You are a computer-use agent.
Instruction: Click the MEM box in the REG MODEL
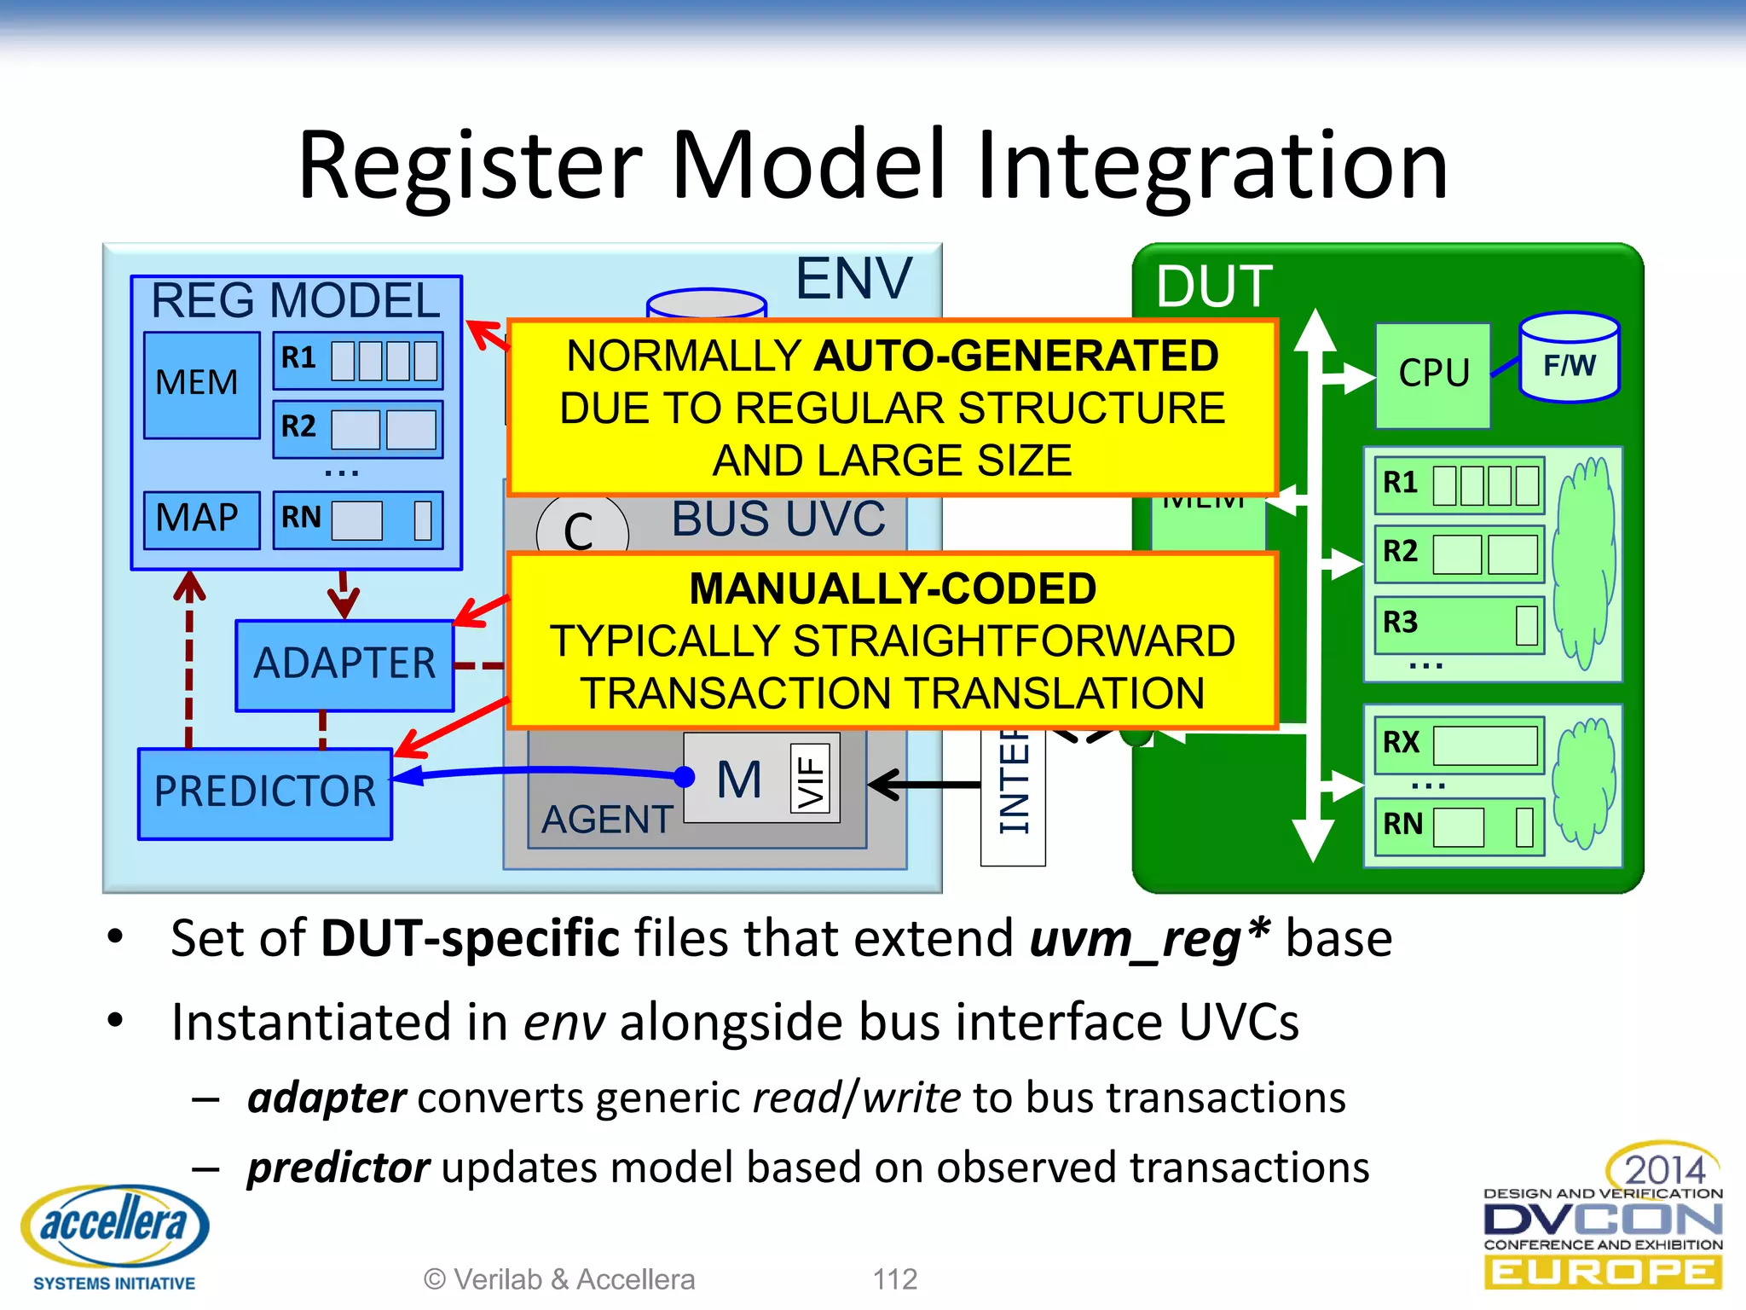pos(201,385)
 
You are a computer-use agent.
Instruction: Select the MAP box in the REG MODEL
pos(201,519)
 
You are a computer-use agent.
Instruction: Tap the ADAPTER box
pos(344,665)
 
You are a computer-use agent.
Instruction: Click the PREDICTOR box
pos(264,793)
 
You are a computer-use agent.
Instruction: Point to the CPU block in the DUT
pos(1433,375)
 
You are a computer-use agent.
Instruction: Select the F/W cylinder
pos(1569,358)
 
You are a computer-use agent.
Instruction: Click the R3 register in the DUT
pos(1459,624)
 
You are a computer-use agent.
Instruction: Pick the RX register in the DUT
pos(1459,744)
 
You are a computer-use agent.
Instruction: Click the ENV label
pos(853,279)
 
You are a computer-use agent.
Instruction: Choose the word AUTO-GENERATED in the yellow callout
pos(1016,356)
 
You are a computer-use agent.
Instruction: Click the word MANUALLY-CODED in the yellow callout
pos(893,589)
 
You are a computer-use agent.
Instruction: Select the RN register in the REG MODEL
pos(358,519)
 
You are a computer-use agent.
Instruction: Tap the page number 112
pos(894,1278)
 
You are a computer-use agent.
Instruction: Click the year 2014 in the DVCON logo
pos(1664,1169)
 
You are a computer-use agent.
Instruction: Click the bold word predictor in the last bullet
pos(338,1168)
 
